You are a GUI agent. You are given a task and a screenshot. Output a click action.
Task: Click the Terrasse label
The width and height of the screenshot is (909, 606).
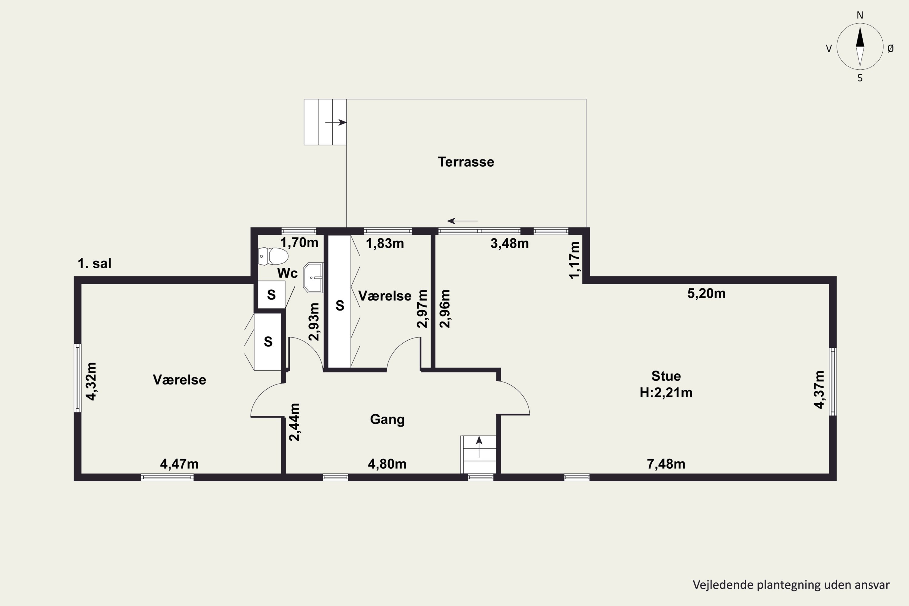tap(466, 162)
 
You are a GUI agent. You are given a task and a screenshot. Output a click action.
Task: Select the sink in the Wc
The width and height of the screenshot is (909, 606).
tap(313, 278)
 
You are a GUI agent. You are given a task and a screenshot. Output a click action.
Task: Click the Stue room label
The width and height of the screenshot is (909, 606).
tap(666, 376)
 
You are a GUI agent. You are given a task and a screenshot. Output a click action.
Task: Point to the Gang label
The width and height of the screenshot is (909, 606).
tap(387, 420)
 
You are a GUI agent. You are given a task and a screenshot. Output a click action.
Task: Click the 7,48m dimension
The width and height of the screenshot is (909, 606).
tap(666, 464)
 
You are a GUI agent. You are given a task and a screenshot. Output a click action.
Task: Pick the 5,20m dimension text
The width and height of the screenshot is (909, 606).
tap(706, 294)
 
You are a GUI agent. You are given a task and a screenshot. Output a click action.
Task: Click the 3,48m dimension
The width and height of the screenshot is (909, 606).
tap(509, 244)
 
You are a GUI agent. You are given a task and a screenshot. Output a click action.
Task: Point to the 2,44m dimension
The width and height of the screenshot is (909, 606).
tap(295, 422)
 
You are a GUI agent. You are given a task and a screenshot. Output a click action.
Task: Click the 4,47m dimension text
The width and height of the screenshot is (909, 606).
tap(179, 464)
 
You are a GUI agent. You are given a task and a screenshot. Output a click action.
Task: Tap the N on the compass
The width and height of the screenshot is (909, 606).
tap(860, 15)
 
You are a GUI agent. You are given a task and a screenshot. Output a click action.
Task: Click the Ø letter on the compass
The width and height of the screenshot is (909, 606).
tap(891, 48)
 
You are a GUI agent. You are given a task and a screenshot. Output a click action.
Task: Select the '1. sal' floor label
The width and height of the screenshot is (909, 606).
tap(94, 264)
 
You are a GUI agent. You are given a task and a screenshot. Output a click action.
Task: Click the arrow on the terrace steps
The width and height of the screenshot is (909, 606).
tap(336, 122)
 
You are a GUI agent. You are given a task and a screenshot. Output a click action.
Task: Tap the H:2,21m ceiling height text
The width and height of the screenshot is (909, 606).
tap(666, 393)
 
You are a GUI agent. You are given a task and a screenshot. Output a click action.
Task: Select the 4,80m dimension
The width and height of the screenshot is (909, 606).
tap(387, 464)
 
